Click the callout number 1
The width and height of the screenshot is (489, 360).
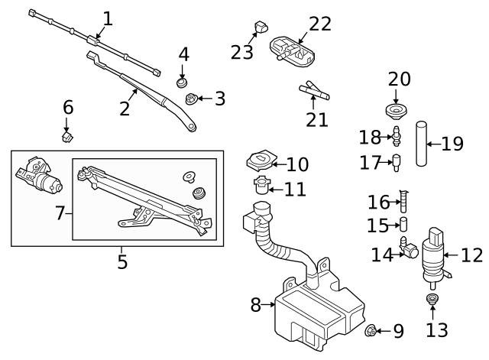click(108, 18)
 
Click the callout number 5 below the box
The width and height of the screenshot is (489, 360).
click(122, 263)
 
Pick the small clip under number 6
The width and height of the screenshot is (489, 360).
click(67, 137)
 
